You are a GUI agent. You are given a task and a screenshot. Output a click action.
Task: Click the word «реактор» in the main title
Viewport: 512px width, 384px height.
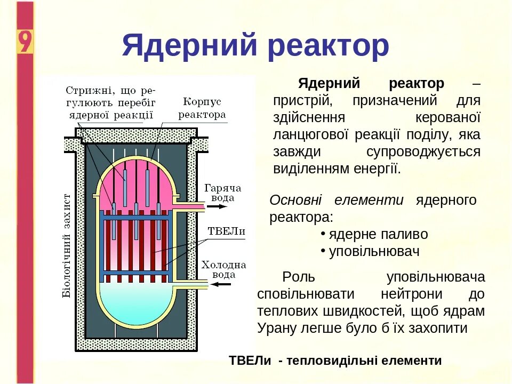pyautogui.click(x=329, y=46)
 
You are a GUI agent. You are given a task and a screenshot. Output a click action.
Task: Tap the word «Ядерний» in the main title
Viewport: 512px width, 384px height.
pyautogui.click(x=190, y=46)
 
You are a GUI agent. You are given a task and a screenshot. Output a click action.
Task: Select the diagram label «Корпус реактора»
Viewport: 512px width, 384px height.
pyautogui.click(x=202, y=108)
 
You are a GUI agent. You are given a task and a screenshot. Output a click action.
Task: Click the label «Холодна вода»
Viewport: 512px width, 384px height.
pyautogui.click(x=223, y=269)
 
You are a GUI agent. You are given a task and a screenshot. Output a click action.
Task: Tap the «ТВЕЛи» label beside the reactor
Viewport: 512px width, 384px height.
pyautogui.click(x=226, y=231)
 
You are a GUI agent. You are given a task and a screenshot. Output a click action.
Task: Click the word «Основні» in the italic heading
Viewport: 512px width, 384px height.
pyautogui.click(x=295, y=201)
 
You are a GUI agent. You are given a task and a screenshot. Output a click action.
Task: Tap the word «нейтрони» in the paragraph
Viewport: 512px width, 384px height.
pyautogui.click(x=412, y=294)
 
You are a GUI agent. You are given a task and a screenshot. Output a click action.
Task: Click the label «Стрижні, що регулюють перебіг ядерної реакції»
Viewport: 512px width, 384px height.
pyautogui.click(x=111, y=101)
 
